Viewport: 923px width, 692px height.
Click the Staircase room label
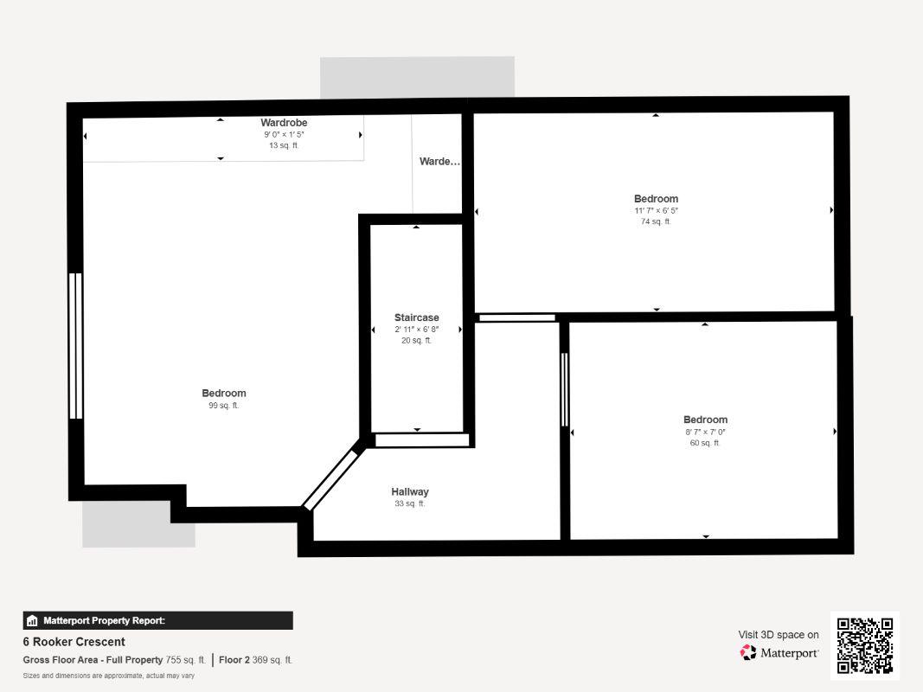coord(416,317)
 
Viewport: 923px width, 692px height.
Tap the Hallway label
coord(410,491)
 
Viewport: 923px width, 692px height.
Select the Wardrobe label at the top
coord(284,122)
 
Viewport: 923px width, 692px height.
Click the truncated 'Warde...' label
coord(439,161)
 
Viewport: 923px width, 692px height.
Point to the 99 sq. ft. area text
coord(224,406)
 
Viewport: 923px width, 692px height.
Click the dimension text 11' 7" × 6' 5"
coord(656,211)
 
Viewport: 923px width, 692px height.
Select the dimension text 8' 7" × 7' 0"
coord(705,432)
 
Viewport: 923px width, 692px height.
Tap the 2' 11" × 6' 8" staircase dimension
coord(416,330)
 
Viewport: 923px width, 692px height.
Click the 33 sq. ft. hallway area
coord(410,503)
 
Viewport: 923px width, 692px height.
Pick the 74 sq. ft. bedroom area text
coord(656,221)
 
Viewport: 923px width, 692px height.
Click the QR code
coord(865,645)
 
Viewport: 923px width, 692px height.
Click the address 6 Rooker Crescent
coord(74,641)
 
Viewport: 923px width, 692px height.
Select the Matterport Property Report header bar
coord(157,620)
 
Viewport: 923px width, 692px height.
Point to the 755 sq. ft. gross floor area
coord(185,660)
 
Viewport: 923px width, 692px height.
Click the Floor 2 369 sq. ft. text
coord(255,660)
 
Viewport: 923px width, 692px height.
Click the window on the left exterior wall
coord(75,346)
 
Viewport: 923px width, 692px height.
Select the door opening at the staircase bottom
coord(422,440)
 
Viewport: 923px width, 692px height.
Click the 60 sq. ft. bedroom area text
coord(705,443)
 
